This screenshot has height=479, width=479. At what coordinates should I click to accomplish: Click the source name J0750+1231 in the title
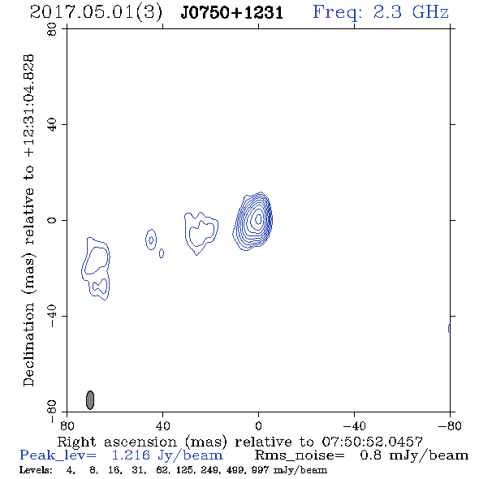231,12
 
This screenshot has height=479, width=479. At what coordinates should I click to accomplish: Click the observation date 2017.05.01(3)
96,12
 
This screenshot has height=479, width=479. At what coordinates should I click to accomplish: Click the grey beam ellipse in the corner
90,400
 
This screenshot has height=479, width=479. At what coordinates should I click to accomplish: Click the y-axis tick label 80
52,29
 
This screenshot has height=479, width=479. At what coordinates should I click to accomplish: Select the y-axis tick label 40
52,125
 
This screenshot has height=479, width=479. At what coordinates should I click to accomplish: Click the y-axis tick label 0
52,220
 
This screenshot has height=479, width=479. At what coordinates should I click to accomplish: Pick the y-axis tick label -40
52,316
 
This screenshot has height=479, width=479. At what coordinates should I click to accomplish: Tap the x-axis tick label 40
162,425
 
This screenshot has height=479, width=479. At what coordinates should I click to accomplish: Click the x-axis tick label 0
258,425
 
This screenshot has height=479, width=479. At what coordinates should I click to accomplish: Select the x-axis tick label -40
354,425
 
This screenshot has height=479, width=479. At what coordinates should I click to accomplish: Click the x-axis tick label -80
450,425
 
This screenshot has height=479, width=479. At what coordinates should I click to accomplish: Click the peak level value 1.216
131,455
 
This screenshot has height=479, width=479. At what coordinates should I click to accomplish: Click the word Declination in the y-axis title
28,345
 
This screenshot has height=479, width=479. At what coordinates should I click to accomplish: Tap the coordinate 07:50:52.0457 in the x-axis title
372,442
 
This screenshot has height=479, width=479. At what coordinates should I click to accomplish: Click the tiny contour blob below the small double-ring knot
162,253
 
